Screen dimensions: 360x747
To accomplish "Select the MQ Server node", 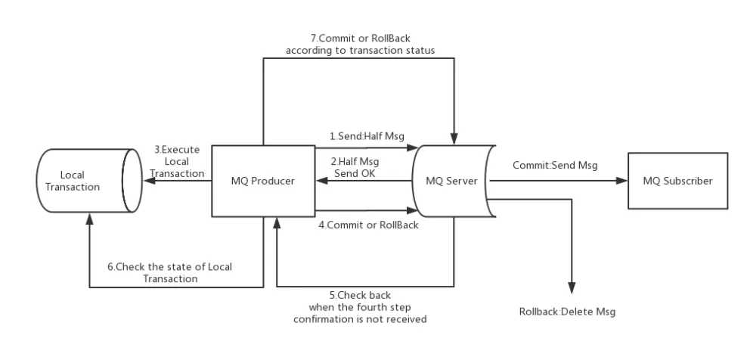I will coord(453,182).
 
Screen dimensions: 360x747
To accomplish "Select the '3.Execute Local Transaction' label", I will coord(178,161).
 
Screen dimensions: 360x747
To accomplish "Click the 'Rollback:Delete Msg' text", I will coord(563,312).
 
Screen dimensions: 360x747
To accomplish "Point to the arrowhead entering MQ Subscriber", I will coord(623,182).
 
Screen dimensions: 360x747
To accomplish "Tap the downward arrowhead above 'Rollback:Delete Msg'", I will coord(572,288).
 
